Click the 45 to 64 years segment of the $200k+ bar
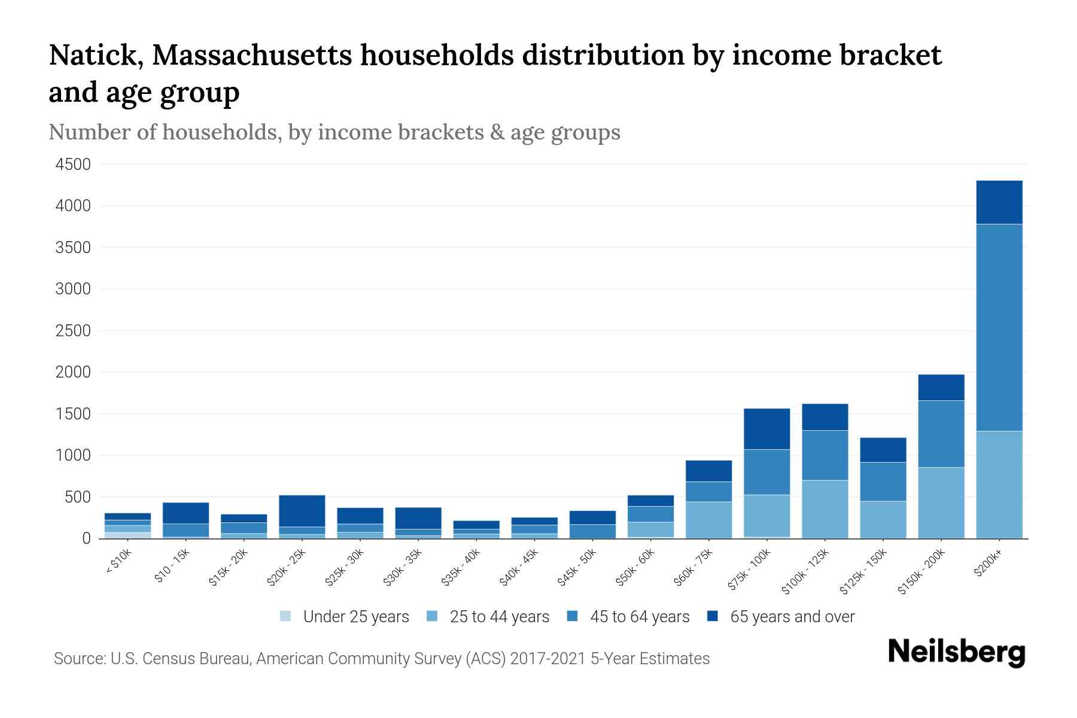coord(999,327)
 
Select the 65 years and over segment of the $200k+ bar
coord(999,202)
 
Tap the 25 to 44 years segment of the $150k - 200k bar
coord(941,503)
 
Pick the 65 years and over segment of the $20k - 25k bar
coord(302,511)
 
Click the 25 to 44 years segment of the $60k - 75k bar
coord(708,520)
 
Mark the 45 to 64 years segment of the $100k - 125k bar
coord(825,455)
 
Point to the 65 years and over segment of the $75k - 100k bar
coord(766,429)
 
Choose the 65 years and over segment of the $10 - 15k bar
coord(185,513)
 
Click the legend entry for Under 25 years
coord(345,617)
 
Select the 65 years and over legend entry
coord(781,617)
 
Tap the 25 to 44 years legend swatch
coord(433,616)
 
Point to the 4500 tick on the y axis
coord(73,165)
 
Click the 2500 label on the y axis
coord(73,331)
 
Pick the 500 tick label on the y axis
coord(78,497)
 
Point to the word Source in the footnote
coord(78,659)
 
